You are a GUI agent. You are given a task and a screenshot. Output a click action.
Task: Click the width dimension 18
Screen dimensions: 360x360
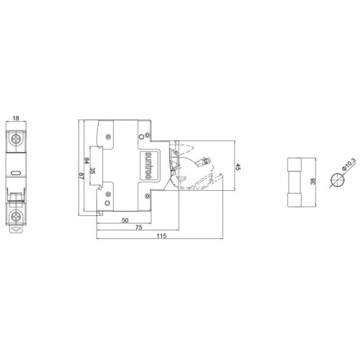[x=16, y=118]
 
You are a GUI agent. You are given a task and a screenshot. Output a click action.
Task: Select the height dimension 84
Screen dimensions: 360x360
[x=86, y=161]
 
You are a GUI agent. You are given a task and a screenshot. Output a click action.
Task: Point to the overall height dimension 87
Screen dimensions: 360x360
[x=81, y=176]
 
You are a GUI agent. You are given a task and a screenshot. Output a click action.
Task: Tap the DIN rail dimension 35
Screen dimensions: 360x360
[x=92, y=171]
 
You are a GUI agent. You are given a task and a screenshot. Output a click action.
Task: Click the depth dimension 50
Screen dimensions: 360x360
[x=125, y=220]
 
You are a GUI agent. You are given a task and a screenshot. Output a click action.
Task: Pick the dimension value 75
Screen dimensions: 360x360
[x=139, y=227]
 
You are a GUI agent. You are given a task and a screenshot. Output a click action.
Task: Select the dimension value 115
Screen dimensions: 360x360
[x=161, y=235]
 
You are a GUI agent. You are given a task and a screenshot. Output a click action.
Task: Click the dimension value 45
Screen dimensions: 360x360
[x=238, y=167]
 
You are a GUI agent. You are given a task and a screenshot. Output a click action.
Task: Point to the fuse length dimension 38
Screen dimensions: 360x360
[x=312, y=181]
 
